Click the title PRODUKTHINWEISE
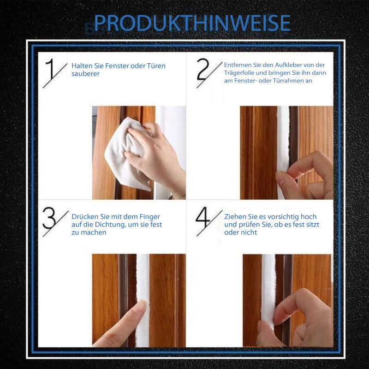(192, 23)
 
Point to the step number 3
(49, 218)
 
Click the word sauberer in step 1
(86, 74)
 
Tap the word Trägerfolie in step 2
(239, 73)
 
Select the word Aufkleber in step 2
(288, 65)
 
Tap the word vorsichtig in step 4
(280, 217)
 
